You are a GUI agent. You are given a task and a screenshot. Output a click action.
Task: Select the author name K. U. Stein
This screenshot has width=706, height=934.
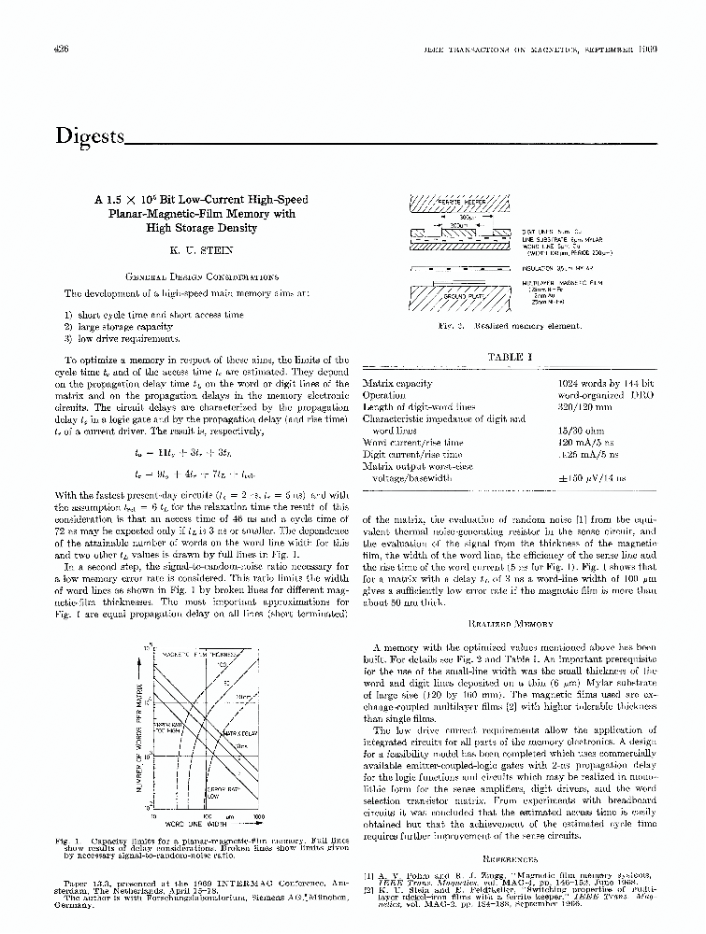202,251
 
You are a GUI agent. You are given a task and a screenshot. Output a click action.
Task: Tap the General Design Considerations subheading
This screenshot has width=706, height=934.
202,276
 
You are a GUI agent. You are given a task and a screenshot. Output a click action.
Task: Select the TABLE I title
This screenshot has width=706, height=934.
510,357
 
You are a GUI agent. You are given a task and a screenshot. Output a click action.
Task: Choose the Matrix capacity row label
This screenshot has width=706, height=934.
397,384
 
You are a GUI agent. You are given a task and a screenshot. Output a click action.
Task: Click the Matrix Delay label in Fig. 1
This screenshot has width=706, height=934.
232,733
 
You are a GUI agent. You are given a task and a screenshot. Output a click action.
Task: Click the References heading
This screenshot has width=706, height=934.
510,856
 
